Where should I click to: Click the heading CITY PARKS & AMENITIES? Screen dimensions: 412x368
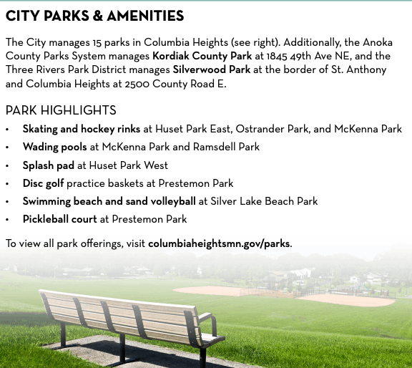click(94, 16)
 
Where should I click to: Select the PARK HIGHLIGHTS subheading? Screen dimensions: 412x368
click(61, 110)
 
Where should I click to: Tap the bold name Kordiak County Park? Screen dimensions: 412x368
click(202, 56)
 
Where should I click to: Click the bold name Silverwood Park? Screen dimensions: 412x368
click(212, 69)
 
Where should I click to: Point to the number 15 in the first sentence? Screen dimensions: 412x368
click(97, 43)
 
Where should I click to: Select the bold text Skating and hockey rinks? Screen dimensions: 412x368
click(82, 129)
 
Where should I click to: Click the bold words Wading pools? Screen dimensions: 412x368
click(54, 147)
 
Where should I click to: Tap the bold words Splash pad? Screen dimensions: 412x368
click(49, 165)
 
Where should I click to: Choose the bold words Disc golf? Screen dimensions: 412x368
click(44, 183)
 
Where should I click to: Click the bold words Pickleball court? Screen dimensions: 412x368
click(60, 219)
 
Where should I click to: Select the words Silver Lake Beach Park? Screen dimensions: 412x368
click(264, 201)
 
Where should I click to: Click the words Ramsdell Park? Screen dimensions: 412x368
click(226, 147)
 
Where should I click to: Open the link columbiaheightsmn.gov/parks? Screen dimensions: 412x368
click(219, 243)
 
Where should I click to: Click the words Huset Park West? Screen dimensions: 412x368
click(129, 165)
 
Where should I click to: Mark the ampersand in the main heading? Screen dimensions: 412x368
click(97, 16)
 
